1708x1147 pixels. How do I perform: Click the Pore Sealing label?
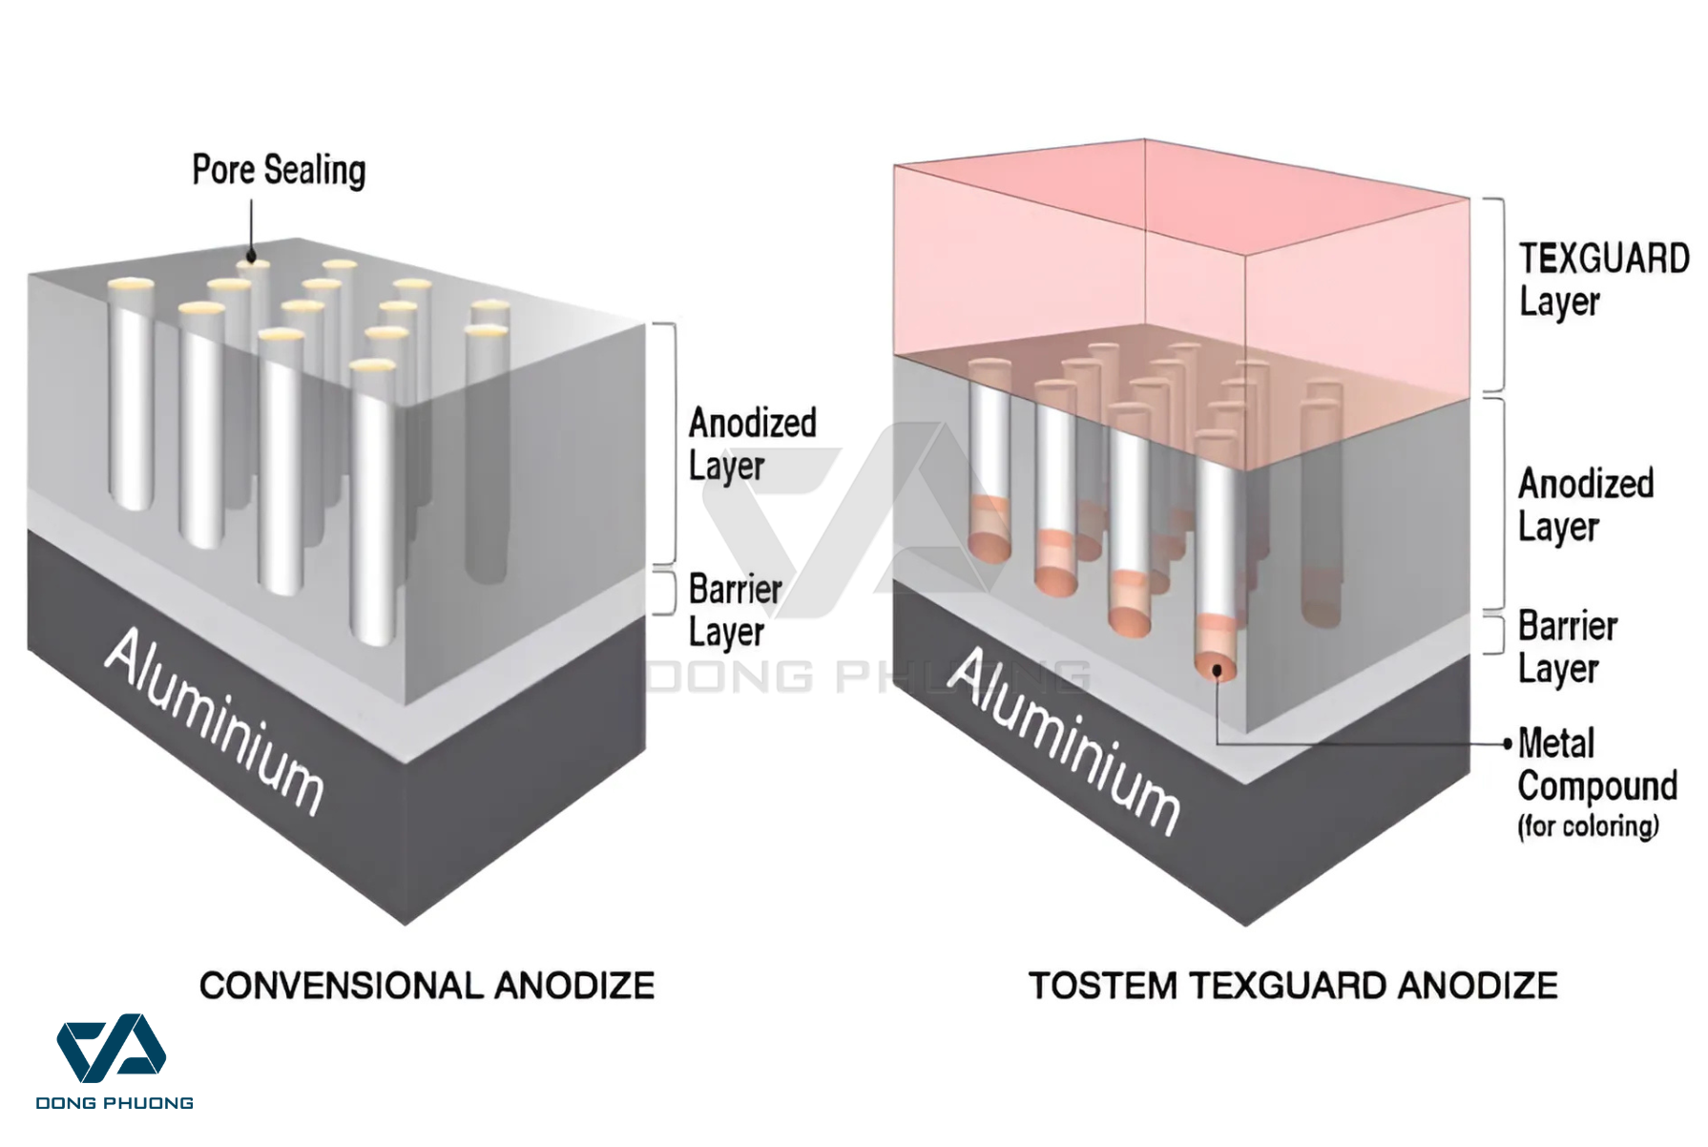point(279,171)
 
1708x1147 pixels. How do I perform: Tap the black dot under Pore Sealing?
point(252,256)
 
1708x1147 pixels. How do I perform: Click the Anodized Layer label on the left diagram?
point(752,445)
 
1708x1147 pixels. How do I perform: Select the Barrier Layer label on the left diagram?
point(735,611)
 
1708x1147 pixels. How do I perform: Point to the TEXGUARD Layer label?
point(1603,280)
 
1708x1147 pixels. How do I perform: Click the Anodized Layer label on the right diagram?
point(1585,505)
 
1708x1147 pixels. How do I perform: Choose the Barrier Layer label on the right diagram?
point(1567,647)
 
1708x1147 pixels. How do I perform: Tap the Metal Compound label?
point(1596,765)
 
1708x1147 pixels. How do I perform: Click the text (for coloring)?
point(1588,826)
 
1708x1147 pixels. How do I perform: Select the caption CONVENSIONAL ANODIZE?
point(427,986)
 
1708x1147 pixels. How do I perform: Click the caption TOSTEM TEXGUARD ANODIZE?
point(1293,986)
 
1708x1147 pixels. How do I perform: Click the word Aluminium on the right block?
point(1065,740)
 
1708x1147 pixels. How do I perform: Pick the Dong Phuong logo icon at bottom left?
point(112,1048)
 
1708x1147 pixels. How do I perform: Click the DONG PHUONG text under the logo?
point(115,1103)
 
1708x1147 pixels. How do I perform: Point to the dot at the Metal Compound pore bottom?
point(1218,671)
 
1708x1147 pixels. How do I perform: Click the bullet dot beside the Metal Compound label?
point(1508,743)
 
